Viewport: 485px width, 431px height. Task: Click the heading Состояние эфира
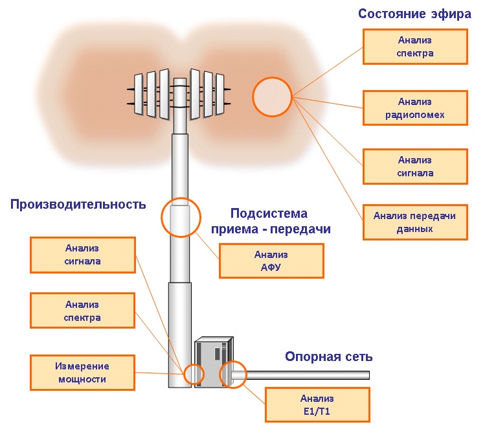[414, 14]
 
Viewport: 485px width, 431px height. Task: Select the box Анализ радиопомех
[415, 108]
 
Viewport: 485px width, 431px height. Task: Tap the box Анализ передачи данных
[415, 222]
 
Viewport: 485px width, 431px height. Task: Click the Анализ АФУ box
[271, 261]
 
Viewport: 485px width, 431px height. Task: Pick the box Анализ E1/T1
[317, 404]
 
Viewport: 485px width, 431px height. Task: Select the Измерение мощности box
[83, 372]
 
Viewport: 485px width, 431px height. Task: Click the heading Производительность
[78, 204]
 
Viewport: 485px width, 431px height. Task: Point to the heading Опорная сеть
[328, 356]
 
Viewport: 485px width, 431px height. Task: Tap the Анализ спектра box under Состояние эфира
[415, 47]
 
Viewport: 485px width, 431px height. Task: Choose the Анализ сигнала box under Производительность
[83, 255]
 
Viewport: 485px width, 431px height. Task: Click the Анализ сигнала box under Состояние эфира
[415, 167]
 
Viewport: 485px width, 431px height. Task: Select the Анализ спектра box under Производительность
[83, 310]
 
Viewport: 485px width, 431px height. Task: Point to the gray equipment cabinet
[214, 362]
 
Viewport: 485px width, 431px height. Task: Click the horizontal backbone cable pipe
[300, 375]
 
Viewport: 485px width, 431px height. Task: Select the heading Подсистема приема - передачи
[270, 221]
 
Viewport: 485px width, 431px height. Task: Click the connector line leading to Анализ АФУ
[207, 246]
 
